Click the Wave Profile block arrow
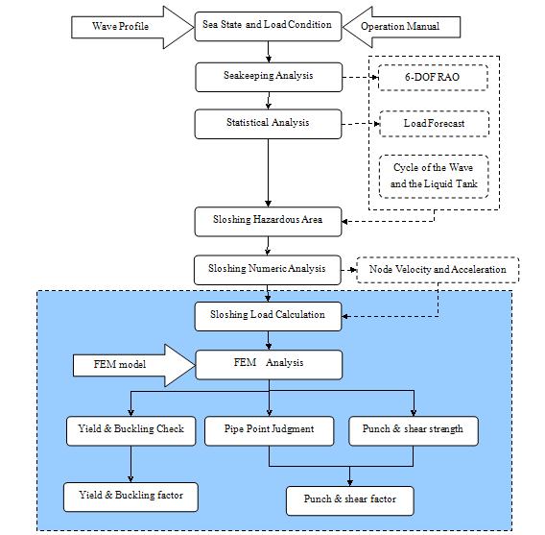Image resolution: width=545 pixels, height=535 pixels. tap(132, 27)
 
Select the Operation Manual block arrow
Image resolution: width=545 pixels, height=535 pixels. tap(401, 27)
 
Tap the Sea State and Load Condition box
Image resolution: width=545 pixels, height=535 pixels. tap(268, 27)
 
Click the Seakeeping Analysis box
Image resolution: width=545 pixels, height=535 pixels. tap(269, 77)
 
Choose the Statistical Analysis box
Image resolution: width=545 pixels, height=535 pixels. tap(268, 124)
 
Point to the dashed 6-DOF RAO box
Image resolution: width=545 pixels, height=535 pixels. tap(433, 78)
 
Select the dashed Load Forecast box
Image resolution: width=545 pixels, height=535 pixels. tap(435, 124)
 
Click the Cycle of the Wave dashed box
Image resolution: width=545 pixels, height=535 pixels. tap(434, 177)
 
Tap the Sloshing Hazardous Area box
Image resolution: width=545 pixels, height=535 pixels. tap(268, 222)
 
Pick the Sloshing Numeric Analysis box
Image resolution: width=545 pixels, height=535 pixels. tap(268, 270)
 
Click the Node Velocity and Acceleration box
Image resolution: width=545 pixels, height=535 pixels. tap(438, 270)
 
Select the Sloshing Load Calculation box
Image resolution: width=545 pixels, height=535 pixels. tap(268, 316)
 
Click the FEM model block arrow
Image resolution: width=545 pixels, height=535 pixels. tap(134, 365)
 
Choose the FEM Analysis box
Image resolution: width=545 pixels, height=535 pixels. tap(269, 365)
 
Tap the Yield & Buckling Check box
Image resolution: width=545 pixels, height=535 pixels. tap(131, 431)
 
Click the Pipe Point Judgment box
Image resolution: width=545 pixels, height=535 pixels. tap(270, 431)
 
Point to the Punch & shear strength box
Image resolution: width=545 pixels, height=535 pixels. tap(414, 431)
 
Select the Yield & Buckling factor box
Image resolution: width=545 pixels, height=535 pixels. tap(130, 498)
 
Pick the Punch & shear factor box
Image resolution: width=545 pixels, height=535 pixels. tap(350, 501)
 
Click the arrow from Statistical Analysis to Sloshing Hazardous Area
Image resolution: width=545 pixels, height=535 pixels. tap(268, 173)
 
